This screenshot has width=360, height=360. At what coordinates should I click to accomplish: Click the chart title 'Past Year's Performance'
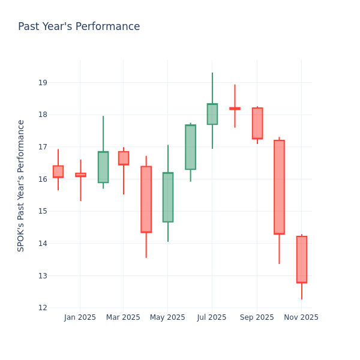[79, 27]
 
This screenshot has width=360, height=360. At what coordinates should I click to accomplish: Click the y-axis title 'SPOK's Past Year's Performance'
[21, 185]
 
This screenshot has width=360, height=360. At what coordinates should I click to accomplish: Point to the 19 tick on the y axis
[42, 83]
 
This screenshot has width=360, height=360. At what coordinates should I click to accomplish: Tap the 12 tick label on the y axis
[42, 308]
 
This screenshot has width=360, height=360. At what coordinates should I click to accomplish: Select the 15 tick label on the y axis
[42, 211]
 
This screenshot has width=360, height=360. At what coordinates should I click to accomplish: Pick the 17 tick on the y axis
[42, 147]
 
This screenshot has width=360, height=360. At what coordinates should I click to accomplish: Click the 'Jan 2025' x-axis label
[80, 317]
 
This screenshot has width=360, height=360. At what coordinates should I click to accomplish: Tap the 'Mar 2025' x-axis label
[123, 317]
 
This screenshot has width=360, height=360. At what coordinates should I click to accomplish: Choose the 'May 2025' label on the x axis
[167, 317]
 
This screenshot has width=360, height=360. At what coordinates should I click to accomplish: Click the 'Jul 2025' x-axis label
[211, 317]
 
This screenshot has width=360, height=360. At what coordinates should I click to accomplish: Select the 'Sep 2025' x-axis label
[257, 317]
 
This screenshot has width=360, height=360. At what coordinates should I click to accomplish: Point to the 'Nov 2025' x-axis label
[301, 317]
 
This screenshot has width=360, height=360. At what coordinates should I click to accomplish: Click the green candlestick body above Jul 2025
[212, 114]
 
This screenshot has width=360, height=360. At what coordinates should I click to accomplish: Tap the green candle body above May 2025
[168, 197]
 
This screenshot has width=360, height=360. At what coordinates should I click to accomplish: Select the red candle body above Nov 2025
[302, 259]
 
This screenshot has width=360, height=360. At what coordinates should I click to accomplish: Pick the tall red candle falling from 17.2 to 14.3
[279, 187]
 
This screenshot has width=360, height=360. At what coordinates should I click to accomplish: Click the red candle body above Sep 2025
[257, 124]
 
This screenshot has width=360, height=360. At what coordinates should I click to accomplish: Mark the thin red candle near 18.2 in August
[235, 109]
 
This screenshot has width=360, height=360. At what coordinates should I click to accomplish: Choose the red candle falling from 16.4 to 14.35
[146, 199]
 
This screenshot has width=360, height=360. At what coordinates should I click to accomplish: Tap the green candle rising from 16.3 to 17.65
[190, 147]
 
